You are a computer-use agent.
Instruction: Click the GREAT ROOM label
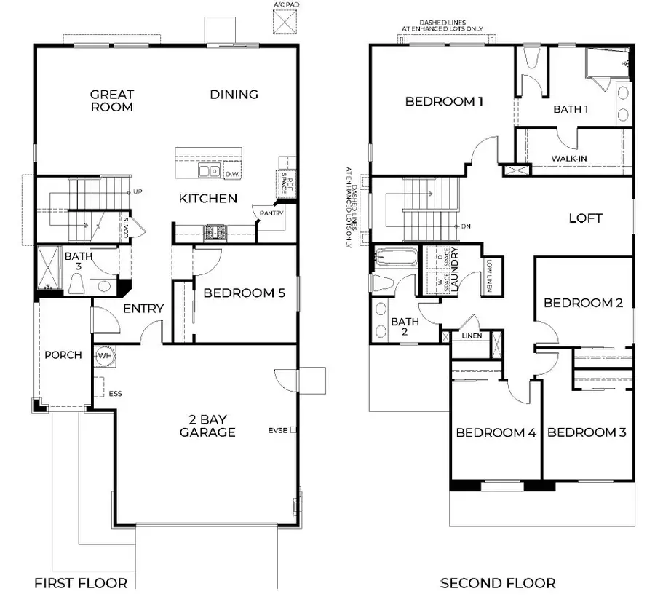[112, 100]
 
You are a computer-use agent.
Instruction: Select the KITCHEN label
[208, 198]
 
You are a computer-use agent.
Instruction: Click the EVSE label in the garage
[277, 430]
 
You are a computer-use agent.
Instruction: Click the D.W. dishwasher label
[232, 174]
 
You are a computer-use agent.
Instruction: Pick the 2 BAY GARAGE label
[208, 426]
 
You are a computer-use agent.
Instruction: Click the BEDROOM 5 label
[244, 293]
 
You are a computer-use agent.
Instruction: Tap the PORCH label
[63, 355]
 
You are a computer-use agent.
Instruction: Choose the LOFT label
[586, 218]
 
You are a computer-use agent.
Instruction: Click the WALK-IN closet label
[568, 158]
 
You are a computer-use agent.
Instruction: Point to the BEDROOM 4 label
[496, 432]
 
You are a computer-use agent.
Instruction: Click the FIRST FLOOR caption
[81, 583]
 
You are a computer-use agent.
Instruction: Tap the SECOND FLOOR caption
[498, 583]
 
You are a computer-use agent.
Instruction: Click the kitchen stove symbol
[215, 231]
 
